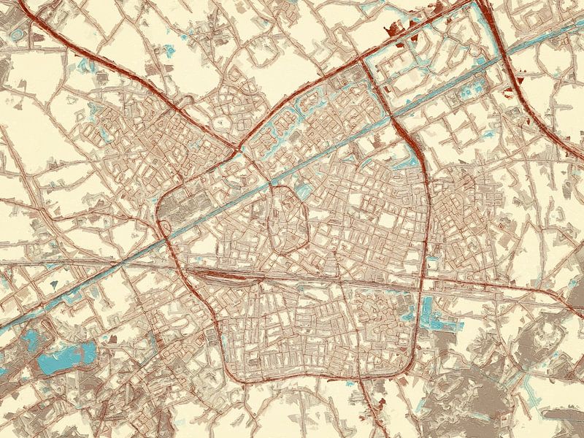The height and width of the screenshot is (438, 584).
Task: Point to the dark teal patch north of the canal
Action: point(55,281)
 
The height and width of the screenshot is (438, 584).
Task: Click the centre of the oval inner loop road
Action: point(290,219)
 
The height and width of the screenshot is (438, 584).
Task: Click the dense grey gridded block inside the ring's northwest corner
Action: point(179,207)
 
